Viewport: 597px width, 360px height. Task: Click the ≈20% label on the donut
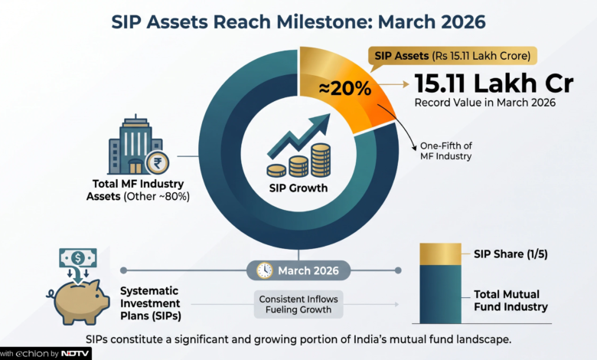pos(345,88)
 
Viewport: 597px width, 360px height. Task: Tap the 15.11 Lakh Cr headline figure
pos(494,83)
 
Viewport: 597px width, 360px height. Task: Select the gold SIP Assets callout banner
pos(452,56)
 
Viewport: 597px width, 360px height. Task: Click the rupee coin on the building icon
pos(157,163)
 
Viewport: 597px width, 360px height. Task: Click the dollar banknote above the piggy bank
pos(78,258)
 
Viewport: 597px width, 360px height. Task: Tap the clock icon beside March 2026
pos(264,270)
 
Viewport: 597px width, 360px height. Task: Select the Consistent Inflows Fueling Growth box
pos(298,304)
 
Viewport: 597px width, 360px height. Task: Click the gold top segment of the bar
pos(441,254)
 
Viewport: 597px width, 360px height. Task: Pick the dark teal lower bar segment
pos(441,294)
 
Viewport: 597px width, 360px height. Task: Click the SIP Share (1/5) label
pos(511,254)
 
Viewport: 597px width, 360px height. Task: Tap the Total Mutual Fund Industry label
pos(511,300)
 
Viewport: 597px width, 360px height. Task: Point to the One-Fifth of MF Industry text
pos(446,151)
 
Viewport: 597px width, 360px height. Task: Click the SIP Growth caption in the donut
pos(298,188)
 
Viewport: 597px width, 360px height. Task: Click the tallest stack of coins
pos(321,160)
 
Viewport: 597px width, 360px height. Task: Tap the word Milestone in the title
pos(321,21)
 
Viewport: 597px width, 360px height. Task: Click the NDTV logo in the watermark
pos(75,354)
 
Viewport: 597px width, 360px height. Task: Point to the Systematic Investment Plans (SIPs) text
pos(150,303)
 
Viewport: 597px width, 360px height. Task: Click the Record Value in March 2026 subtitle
pos(484,103)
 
